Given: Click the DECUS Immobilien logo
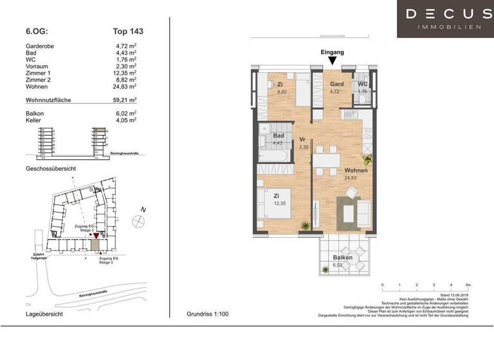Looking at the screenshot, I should pyautogui.click(x=444, y=19).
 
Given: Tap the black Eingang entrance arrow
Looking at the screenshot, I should pyautogui.click(x=332, y=61).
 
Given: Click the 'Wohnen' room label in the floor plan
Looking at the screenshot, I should pyautogui.click(x=356, y=170).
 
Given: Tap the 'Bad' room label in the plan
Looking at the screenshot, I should pyautogui.click(x=279, y=136).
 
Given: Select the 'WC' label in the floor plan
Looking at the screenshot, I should pyautogui.click(x=363, y=84).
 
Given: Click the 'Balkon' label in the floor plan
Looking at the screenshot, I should pyautogui.click(x=342, y=257).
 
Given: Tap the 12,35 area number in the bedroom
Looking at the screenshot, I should pyautogui.click(x=278, y=204).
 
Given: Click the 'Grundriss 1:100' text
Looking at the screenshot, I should pyautogui.click(x=207, y=314).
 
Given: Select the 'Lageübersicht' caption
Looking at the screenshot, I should pyautogui.click(x=44, y=314).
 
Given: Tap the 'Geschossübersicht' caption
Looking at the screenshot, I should pyautogui.click(x=51, y=168).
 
